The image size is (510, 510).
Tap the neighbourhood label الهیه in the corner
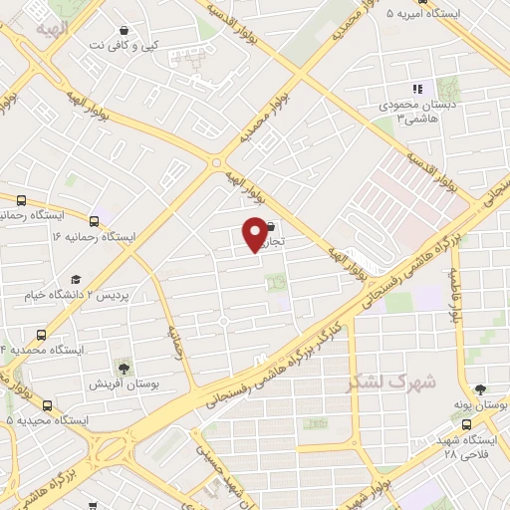52,31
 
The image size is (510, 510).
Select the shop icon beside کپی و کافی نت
123,32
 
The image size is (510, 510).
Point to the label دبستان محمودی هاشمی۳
402,111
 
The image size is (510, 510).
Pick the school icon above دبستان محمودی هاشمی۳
416,90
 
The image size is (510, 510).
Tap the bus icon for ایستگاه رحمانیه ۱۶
94,222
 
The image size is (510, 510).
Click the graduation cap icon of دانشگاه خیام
76,279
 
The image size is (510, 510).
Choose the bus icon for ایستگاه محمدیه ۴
41,335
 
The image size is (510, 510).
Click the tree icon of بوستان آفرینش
122,368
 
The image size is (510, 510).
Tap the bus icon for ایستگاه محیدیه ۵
47,405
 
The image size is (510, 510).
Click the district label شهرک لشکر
391,382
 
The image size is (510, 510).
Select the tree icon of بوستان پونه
480,389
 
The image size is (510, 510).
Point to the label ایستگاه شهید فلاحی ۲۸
466,447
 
